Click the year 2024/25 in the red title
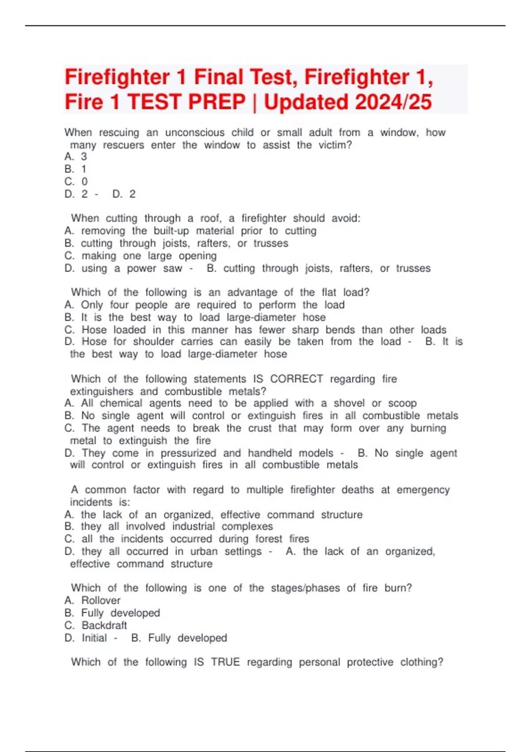[393, 102]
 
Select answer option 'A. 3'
[76, 157]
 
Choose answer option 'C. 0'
[76, 181]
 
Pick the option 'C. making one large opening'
[141, 256]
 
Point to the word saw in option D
[173, 268]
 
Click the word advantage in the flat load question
[252, 292]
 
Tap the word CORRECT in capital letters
[296, 379]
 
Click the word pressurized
[189, 453]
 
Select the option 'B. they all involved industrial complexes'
[169, 526]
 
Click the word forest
[269, 539]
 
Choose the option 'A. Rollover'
[92, 600]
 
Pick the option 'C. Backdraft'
[96, 625]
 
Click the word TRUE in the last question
[225, 662]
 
